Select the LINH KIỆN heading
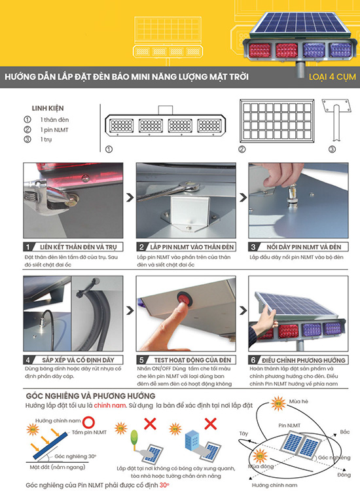click(48, 108)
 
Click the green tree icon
click(133, 438)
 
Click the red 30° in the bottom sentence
click(164, 485)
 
